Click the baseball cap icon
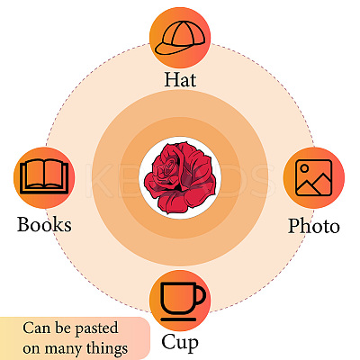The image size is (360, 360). point(180,38)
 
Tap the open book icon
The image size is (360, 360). point(44,176)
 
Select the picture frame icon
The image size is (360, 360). point(313,177)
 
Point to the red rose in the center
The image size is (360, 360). point(180,177)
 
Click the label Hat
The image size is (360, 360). point(180,79)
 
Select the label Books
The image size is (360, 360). point(44,224)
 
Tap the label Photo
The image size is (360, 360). point(314,226)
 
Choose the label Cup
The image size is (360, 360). point(180,343)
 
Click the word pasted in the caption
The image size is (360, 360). point(96,328)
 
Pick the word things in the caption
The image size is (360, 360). point(107,349)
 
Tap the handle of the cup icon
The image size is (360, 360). point(200,295)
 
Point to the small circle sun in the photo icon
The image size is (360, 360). point(304,168)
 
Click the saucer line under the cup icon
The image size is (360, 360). point(178,319)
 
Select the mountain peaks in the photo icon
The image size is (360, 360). point(314,184)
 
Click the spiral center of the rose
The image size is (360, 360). point(170,166)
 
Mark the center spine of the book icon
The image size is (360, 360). point(44,174)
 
